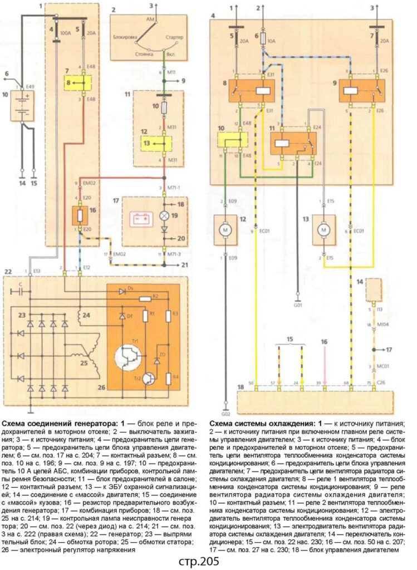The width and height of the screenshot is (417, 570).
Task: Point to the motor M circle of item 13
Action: point(322,229)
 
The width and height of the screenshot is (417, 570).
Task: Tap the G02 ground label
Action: point(225,414)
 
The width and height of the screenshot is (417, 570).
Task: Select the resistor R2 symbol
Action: point(146,299)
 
